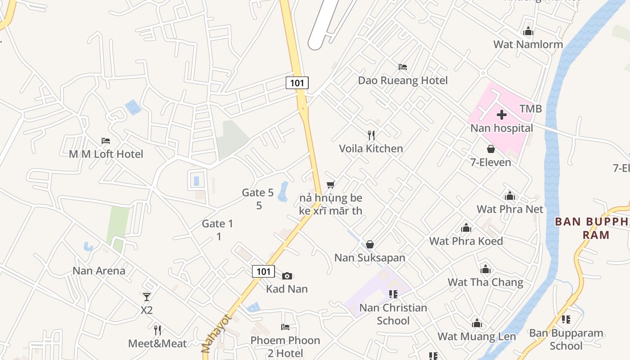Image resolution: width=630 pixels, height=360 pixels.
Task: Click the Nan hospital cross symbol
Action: (502, 115)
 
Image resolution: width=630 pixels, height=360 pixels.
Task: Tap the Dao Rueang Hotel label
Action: (403, 81)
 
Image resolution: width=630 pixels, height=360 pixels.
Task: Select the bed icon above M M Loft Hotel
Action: (106, 141)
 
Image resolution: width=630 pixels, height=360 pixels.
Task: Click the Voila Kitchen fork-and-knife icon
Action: (371, 135)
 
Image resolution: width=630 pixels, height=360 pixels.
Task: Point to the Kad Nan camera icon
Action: (287, 276)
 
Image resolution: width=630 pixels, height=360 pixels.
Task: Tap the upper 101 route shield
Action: (297, 83)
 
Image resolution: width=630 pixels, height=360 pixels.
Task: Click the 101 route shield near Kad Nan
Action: (263, 271)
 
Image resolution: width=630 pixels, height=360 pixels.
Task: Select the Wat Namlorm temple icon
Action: (528, 31)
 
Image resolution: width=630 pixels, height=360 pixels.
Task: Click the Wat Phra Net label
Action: (510, 209)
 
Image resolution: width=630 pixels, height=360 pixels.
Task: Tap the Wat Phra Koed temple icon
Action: (466, 228)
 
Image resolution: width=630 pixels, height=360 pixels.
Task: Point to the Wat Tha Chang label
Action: (485, 283)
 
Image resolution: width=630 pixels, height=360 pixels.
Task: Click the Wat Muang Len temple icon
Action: (477, 323)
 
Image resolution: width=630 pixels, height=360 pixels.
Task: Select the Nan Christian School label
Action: (393, 314)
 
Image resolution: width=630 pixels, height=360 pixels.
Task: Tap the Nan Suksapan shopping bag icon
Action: (370, 244)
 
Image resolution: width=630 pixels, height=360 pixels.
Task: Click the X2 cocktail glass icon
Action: (147, 297)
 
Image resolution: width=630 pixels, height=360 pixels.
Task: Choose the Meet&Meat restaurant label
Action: (157, 344)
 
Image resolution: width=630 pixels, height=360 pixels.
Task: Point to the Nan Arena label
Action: (99, 271)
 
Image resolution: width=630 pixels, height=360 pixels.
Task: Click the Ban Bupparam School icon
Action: (566, 319)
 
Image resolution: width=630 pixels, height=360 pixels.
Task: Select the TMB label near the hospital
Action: (531, 109)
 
